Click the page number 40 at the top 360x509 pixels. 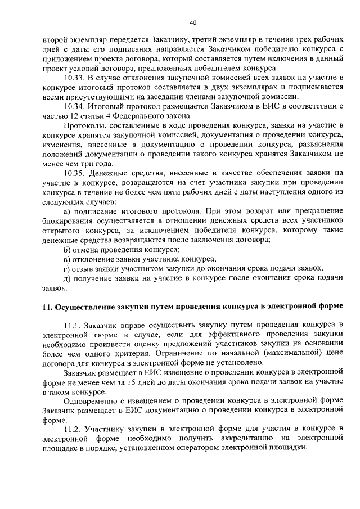click(x=193, y=22)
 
